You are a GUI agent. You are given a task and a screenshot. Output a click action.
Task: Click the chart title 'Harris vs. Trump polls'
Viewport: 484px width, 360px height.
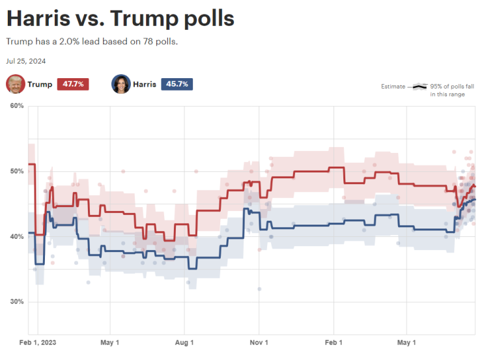pyautogui.click(x=121, y=18)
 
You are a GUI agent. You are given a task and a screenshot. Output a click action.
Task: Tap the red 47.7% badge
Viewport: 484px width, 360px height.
pyautogui.click(x=73, y=84)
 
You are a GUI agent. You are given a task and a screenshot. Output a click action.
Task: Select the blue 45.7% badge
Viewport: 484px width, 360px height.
pyautogui.click(x=177, y=84)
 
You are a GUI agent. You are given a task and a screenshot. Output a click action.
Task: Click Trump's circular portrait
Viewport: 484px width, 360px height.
pyautogui.click(x=16, y=84)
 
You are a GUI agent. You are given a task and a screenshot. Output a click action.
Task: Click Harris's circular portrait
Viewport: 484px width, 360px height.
pyautogui.click(x=121, y=84)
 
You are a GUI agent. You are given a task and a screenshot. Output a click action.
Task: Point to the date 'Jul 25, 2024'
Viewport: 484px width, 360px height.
pyautogui.click(x=26, y=61)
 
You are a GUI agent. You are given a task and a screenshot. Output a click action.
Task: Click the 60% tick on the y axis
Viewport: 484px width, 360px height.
pyautogui.click(x=17, y=106)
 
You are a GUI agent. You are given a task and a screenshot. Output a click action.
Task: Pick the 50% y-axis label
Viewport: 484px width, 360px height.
pyautogui.click(x=17, y=171)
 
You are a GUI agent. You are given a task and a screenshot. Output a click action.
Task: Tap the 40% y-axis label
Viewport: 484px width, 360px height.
pyautogui.click(x=17, y=236)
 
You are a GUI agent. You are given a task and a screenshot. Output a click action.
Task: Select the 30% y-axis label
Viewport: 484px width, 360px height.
pyautogui.click(x=17, y=301)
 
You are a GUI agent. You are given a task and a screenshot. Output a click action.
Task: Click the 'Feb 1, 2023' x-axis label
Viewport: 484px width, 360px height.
pyautogui.click(x=38, y=342)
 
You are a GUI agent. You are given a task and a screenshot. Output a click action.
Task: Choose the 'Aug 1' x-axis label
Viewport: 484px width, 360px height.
pyautogui.click(x=184, y=342)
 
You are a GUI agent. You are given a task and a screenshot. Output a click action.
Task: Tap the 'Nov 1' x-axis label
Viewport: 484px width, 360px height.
pyautogui.click(x=259, y=342)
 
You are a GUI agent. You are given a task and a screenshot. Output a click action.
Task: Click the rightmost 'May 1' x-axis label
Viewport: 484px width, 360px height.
pyautogui.click(x=406, y=342)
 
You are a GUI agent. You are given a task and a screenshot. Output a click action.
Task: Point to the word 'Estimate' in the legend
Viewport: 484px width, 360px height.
pyautogui.click(x=393, y=87)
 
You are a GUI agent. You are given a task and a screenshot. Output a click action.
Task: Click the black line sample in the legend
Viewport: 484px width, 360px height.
pyautogui.click(x=420, y=87)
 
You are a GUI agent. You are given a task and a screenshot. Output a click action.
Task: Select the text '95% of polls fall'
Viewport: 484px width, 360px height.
pyautogui.click(x=452, y=87)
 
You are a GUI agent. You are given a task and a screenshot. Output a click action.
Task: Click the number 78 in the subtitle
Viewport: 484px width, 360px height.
pyautogui.click(x=148, y=42)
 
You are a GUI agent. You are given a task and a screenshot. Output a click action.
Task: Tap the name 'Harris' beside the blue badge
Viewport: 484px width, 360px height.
pyautogui.click(x=145, y=84)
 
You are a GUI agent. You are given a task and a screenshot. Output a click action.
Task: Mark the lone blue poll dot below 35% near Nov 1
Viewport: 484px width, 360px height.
pyautogui.click(x=259, y=289)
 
